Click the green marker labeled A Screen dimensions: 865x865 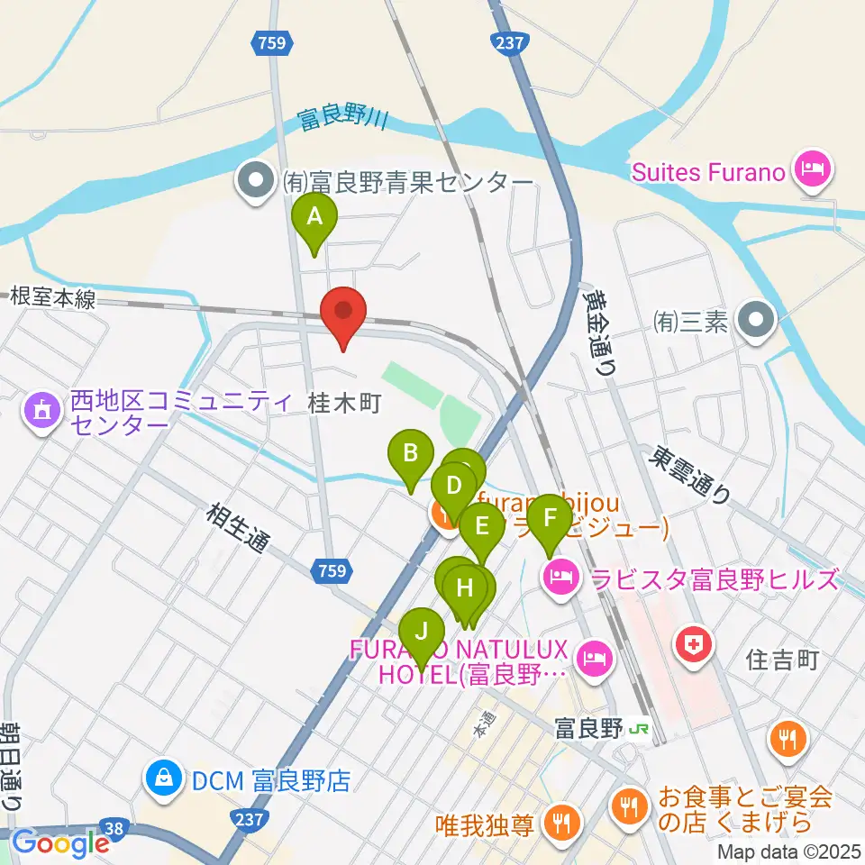coord(314,219)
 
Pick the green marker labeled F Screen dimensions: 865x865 coord(550,520)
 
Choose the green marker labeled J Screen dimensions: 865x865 coord(421,630)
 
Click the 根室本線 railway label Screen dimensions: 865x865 coord(53,298)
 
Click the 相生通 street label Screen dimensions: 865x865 coord(238,529)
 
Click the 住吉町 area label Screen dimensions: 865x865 coord(782,661)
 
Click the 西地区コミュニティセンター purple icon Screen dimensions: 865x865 coord(41,412)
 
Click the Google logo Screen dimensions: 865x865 coord(59,843)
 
